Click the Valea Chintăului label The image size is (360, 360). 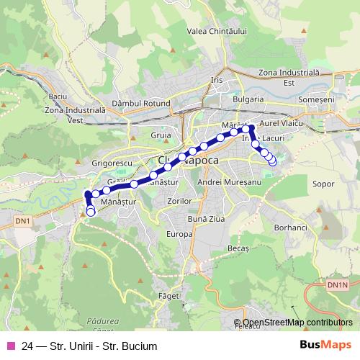(x=217, y=32)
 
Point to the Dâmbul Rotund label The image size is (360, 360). (x=140, y=104)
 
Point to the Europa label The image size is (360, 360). (x=179, y=234)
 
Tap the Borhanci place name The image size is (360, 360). (x=292, y=227)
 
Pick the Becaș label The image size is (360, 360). (x=238, y=248)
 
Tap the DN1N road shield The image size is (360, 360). (x=337, y=286)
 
